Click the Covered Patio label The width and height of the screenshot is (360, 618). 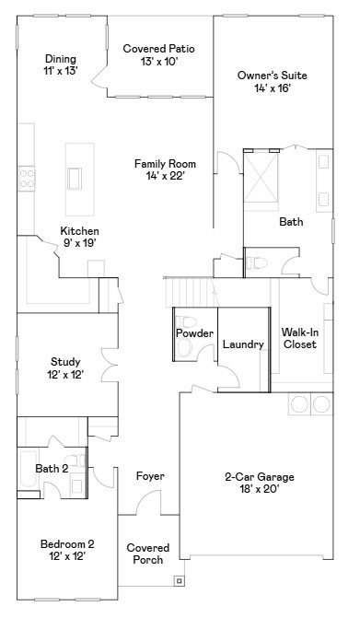click(158, 49)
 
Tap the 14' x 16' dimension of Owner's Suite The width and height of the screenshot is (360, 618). click(273, 87)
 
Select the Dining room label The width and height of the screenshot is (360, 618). click(61, 59)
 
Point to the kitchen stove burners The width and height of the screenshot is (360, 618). click(27, 179)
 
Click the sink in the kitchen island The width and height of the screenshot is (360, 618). click(75, 179)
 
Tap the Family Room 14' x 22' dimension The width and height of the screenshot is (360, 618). click(166, 176)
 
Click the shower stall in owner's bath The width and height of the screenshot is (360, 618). click(261, 177)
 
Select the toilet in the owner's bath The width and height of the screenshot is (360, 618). click(256, 262)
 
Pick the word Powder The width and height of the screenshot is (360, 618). click(194, 333)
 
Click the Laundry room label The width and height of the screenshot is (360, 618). click(243, 344)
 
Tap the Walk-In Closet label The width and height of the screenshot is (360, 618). click(300, 338)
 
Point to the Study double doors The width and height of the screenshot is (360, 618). click(110, 365)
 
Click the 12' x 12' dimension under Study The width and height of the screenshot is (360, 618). click(65, 375)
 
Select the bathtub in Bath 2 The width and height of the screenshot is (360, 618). click(28, 469)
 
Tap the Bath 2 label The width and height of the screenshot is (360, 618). click(52, 469)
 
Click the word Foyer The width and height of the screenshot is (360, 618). click(150, 476)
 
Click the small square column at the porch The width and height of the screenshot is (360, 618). click(180, 580)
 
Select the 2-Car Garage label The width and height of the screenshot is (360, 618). click(260, 477)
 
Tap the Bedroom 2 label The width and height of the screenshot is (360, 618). click(67, 544)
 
